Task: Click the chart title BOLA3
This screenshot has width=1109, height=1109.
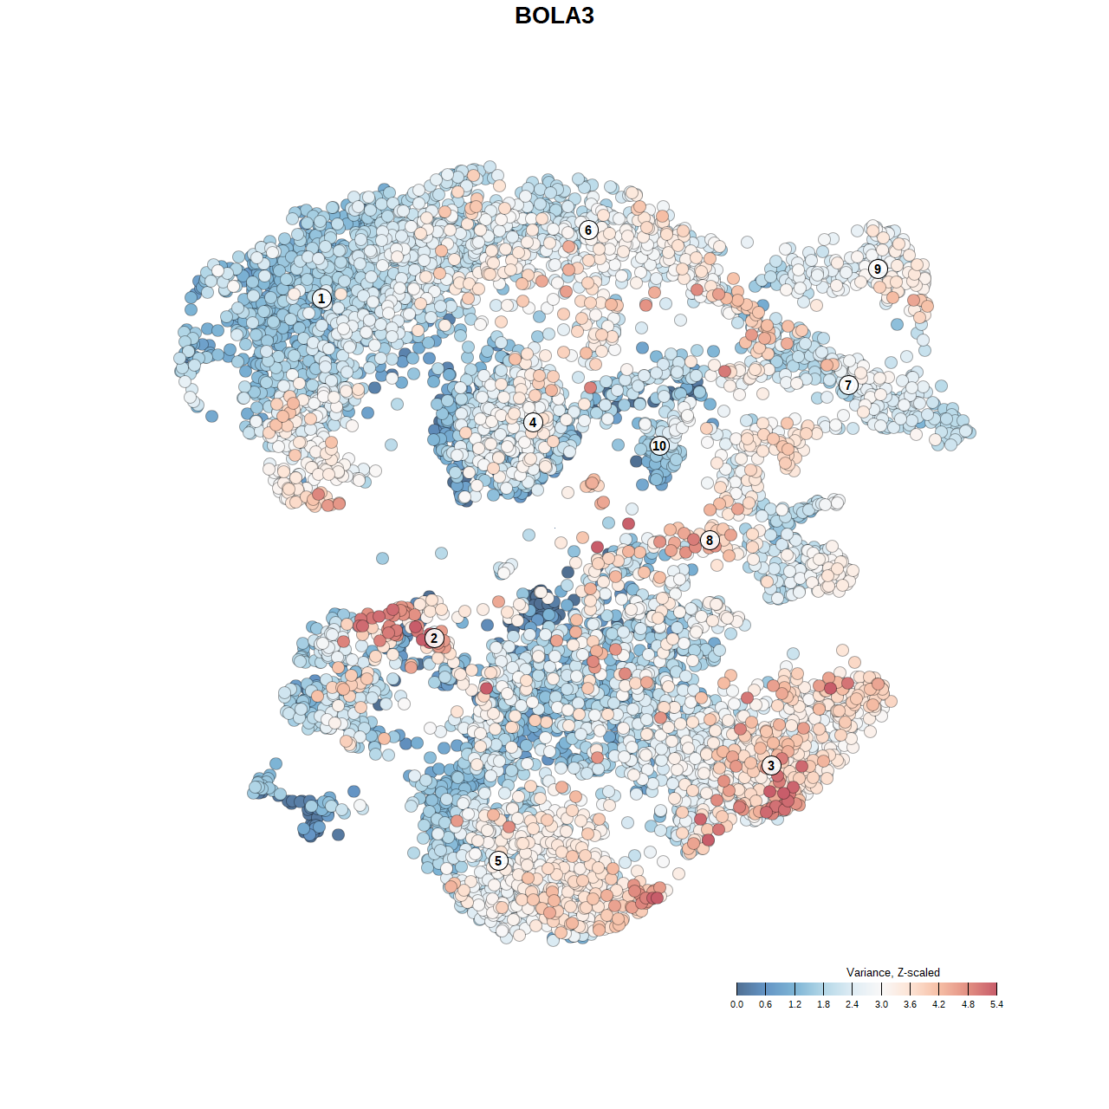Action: tap(554, 16)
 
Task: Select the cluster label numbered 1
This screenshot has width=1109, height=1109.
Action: tap(321, 298)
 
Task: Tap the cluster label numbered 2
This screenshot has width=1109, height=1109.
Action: tap(434, 639)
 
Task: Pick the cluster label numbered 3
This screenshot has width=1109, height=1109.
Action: tap(771, 765)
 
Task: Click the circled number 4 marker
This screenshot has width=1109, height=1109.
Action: tap(533, 422)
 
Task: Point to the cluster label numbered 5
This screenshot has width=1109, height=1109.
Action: tap(498, 860)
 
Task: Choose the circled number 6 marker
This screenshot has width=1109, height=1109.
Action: tap(588, 230)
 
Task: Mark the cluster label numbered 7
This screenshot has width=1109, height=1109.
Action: tap(848, 385)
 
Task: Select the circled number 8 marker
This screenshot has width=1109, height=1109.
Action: tap(710, 540)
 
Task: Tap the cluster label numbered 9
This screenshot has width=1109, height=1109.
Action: tap(878, 269)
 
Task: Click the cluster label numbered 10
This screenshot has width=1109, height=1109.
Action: tap(659, 445)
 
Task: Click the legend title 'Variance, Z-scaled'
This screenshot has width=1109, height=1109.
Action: tap(892, 972)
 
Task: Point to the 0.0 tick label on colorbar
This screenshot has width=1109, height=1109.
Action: tap(736, 1005)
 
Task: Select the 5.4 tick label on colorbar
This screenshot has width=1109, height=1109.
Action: tap(997, 1005)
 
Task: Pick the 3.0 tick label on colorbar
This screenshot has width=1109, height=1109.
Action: tap(881, 1005)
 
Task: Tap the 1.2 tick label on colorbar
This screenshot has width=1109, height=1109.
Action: tap(794, 1005)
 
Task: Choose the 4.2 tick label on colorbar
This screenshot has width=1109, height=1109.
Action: tap(939, 1005)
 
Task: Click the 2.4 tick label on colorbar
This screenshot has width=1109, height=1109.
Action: tap(853, 1005)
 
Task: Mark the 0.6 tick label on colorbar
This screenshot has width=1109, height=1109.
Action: tap(766, 1005)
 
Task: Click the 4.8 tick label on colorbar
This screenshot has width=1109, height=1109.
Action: tap(968, 1005)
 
